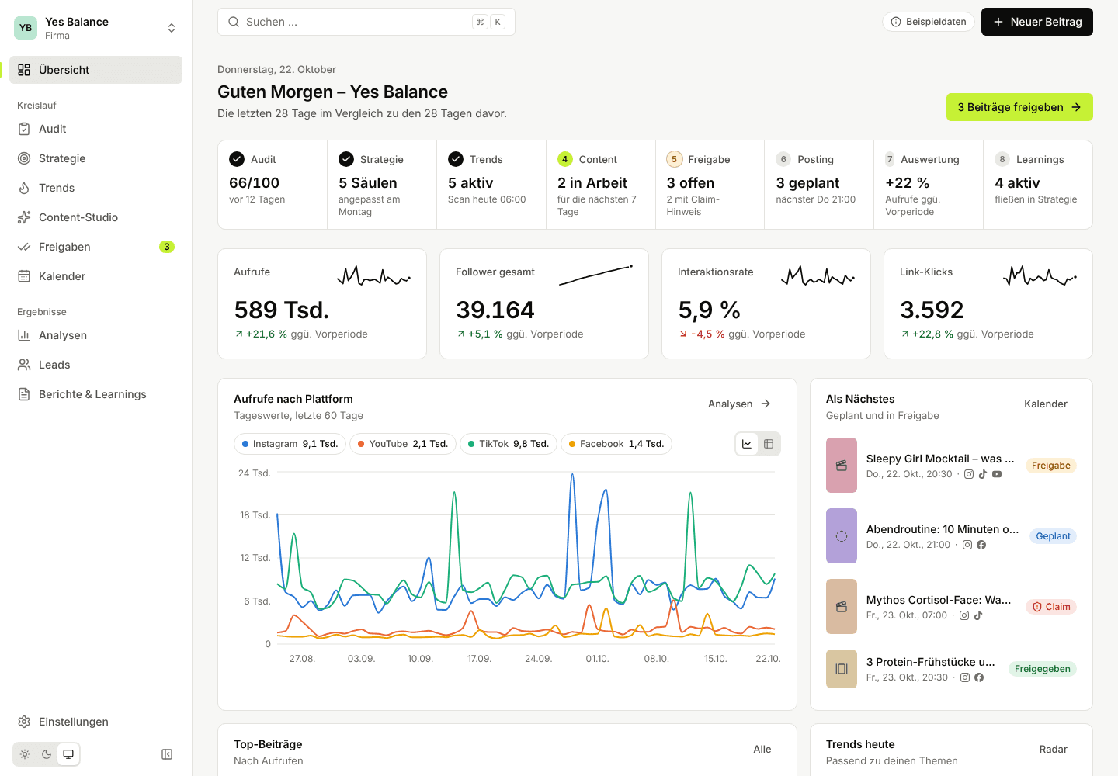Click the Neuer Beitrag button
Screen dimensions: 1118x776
[1036, 22]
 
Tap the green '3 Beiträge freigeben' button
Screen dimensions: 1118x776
[1019, 107]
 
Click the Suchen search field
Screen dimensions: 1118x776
[366, 22]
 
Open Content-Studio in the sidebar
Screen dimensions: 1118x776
[78, 217]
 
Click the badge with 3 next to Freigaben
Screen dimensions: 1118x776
[167, 247]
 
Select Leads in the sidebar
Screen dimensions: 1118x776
[54, 365]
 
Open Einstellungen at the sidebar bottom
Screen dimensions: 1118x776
[73, 722]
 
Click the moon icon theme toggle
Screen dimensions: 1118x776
[47, 754]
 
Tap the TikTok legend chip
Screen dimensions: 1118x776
[508, 444]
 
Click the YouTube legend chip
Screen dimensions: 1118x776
[402, 444]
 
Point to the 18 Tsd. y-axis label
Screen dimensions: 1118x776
[255, 515]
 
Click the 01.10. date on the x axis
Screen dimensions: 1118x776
[597, 659]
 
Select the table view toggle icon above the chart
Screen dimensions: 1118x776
[769, 444]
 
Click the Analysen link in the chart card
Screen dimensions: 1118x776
[739, 404]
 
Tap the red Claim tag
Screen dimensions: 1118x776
[1051, 607]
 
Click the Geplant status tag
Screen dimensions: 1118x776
[1053, 536]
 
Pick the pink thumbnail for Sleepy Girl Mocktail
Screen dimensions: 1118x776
[842, 466]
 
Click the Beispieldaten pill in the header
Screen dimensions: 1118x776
[929, 22]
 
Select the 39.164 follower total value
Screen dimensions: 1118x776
[495, 310]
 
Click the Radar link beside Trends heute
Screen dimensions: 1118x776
[1053, 749]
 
